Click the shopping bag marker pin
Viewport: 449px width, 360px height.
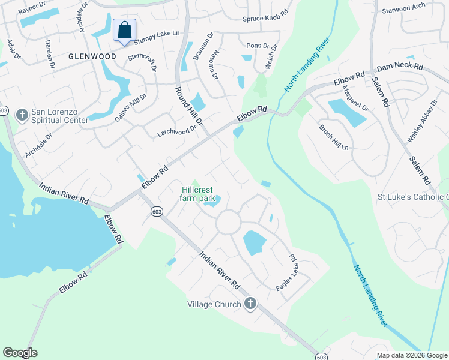[124, 30]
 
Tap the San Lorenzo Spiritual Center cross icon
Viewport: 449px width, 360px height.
[22, 114]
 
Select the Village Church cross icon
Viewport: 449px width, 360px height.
[250, 304]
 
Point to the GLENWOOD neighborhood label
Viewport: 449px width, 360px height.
[92, 56]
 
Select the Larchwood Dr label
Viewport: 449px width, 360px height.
[177, 130]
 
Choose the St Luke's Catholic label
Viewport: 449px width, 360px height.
[412, 197]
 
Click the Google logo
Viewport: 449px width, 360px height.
[20, 353]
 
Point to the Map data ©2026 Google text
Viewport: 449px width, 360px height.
[412, 355]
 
